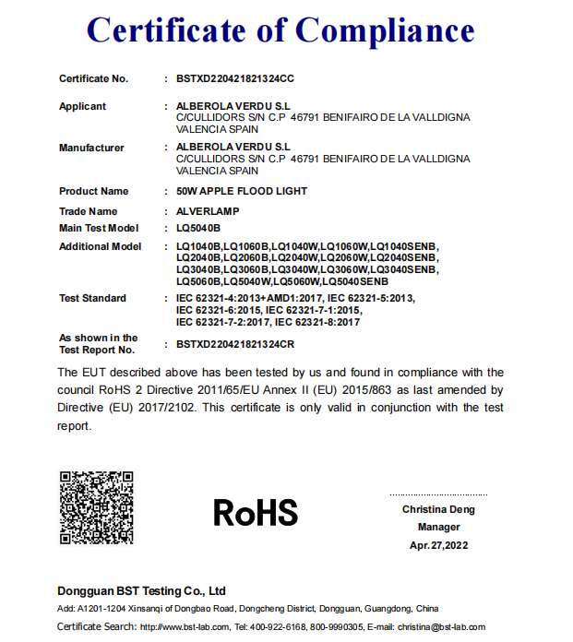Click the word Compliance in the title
coord(385,31)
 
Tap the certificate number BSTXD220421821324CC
coord(234,78)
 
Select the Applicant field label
coord(82,106)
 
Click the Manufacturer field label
coord(91,148)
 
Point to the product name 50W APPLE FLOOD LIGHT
coord(241,191)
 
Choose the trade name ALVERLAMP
coord(208,211)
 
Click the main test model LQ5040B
coord(198,228)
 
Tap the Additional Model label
coord(100,246)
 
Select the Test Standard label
coord(92,298)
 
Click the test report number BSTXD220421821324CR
coord(234,343)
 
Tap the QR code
coord(96,508)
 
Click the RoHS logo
coord(256,513)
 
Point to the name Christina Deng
coord(437,510)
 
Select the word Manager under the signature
coord(438,528)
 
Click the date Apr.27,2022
coord(438,545)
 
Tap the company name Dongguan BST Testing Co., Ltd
coord(141,590)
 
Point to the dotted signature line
coord(437,495)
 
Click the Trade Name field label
coord(89,211)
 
